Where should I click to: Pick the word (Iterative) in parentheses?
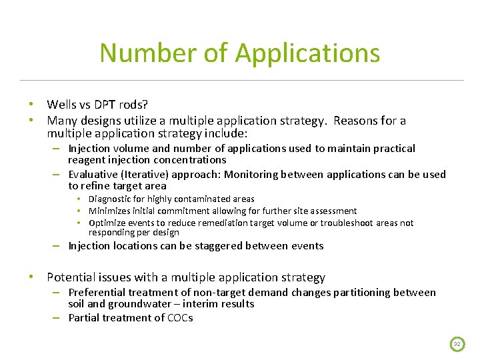[x=145, y=175]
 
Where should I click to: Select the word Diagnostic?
[x=110, y=199]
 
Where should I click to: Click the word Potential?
[x=71, y=277]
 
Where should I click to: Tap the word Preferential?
[x=99, y=293]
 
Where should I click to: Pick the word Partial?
[x=85, y=318]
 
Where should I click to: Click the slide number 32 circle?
[x=457, y=344]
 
